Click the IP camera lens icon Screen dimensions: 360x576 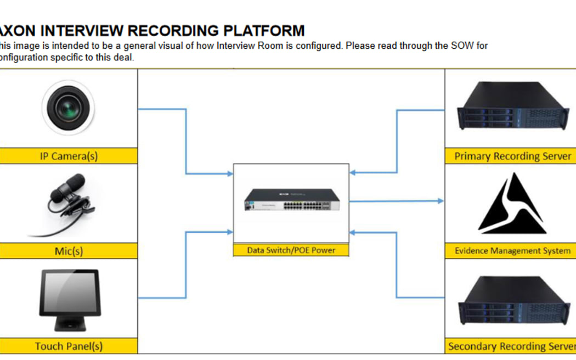[x=68, y=107]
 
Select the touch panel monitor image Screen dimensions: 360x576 [x=69, y=300]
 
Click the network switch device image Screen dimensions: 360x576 [x=291, y=200]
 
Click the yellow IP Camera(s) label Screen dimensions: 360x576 [x=69, y=156]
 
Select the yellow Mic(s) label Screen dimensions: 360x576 [x=69, y=251]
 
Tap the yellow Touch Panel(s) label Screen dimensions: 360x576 [x=69, y=346]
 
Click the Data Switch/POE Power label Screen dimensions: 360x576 [x=291, y=250]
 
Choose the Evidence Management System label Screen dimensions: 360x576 [x=512, y=251]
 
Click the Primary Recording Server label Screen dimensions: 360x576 [x=512, y=156]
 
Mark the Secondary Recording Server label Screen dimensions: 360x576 [x=512, y=346]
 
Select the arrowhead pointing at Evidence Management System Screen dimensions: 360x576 [x=441, y=201]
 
